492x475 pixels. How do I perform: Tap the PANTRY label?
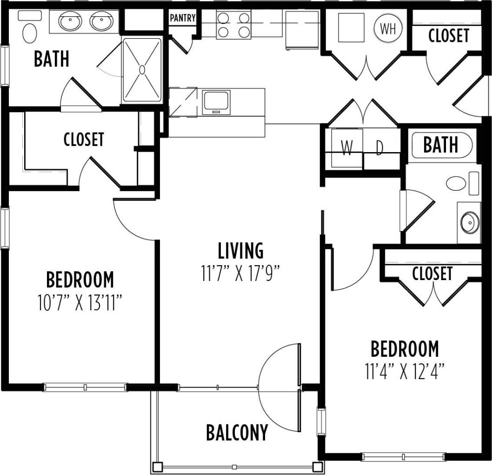point(182,18)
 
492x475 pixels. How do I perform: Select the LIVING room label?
point(241,251)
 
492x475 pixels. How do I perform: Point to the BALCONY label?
point(237,433)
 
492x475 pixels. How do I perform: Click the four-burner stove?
point(233,25)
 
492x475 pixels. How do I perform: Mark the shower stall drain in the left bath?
point(142,70)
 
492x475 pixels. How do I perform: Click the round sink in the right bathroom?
point(470,222)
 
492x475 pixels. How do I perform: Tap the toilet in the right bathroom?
point(456,183)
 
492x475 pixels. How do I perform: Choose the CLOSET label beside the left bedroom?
point(84,139)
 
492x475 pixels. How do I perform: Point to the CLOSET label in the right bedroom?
point(432,273)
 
